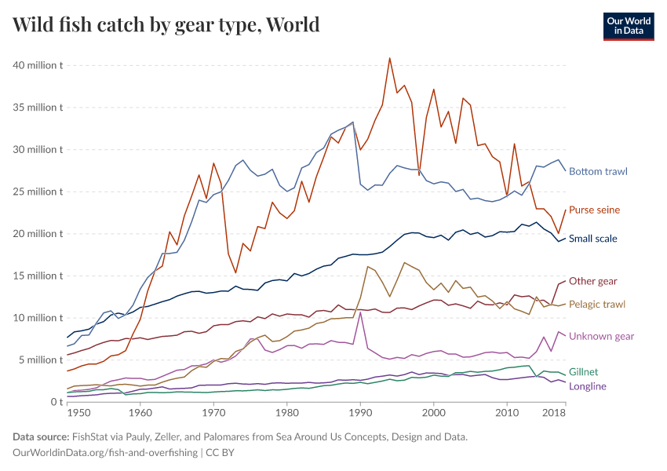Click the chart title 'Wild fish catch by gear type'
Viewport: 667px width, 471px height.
click(x=166, y=24)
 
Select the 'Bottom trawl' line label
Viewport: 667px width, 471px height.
click(x=598, y=171)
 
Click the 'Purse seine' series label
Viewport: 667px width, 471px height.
click(x=594, y=210)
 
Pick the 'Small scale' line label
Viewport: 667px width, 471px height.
click(x=592, y=239)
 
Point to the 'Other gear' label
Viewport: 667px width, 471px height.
click(x=592, y=281)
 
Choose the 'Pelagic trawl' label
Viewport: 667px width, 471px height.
click(x=597, y=304)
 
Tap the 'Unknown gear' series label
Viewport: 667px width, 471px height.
click(x=601, y=336)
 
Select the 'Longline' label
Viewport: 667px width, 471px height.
click(x=587, y=386)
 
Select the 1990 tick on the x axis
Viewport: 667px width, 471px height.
click(x=360, y=412)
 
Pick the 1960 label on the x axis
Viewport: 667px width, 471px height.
click(x=140, y=412)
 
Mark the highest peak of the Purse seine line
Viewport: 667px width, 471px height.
click(x=390, y=58)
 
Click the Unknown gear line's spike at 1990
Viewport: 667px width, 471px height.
click(x=360, y=313)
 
